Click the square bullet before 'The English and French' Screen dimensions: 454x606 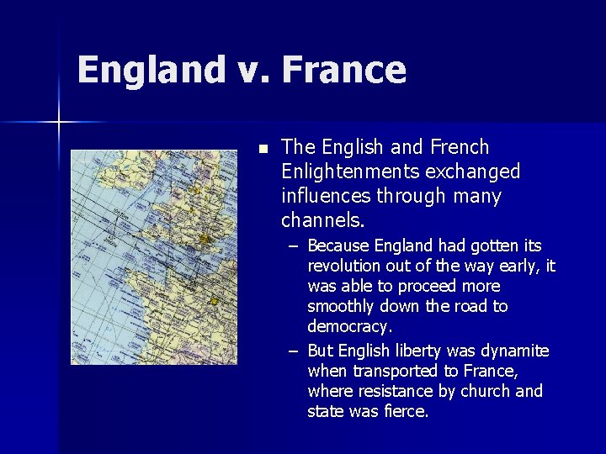click(x=263, y=149)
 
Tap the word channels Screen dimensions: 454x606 click(x=322, y=221)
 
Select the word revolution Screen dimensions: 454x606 click(x=344, y=267)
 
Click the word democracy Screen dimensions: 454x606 click(x=349, y=327)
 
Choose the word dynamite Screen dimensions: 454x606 click(x=512, y=351)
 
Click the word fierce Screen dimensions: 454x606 click(x=407, y=412)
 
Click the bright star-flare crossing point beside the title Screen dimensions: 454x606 click(x=59, y=123)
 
